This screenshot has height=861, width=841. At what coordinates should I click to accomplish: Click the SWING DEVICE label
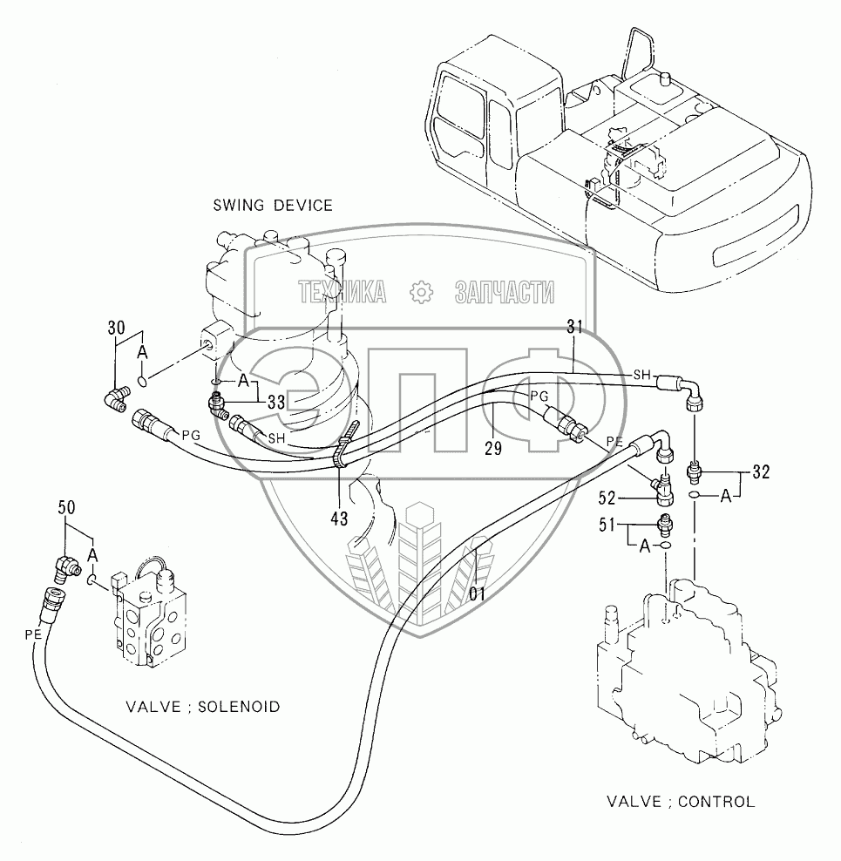point(273,206)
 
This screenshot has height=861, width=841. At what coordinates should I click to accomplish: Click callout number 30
point(115,329)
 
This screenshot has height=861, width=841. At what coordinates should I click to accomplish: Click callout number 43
point(338,519)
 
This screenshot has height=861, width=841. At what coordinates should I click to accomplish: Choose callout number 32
point(760,474)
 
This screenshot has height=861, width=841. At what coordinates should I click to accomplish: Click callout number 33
point(276,401)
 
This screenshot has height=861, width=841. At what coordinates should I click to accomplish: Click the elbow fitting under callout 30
point(114,399)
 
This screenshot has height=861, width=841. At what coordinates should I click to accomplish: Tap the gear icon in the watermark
point(420,293)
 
